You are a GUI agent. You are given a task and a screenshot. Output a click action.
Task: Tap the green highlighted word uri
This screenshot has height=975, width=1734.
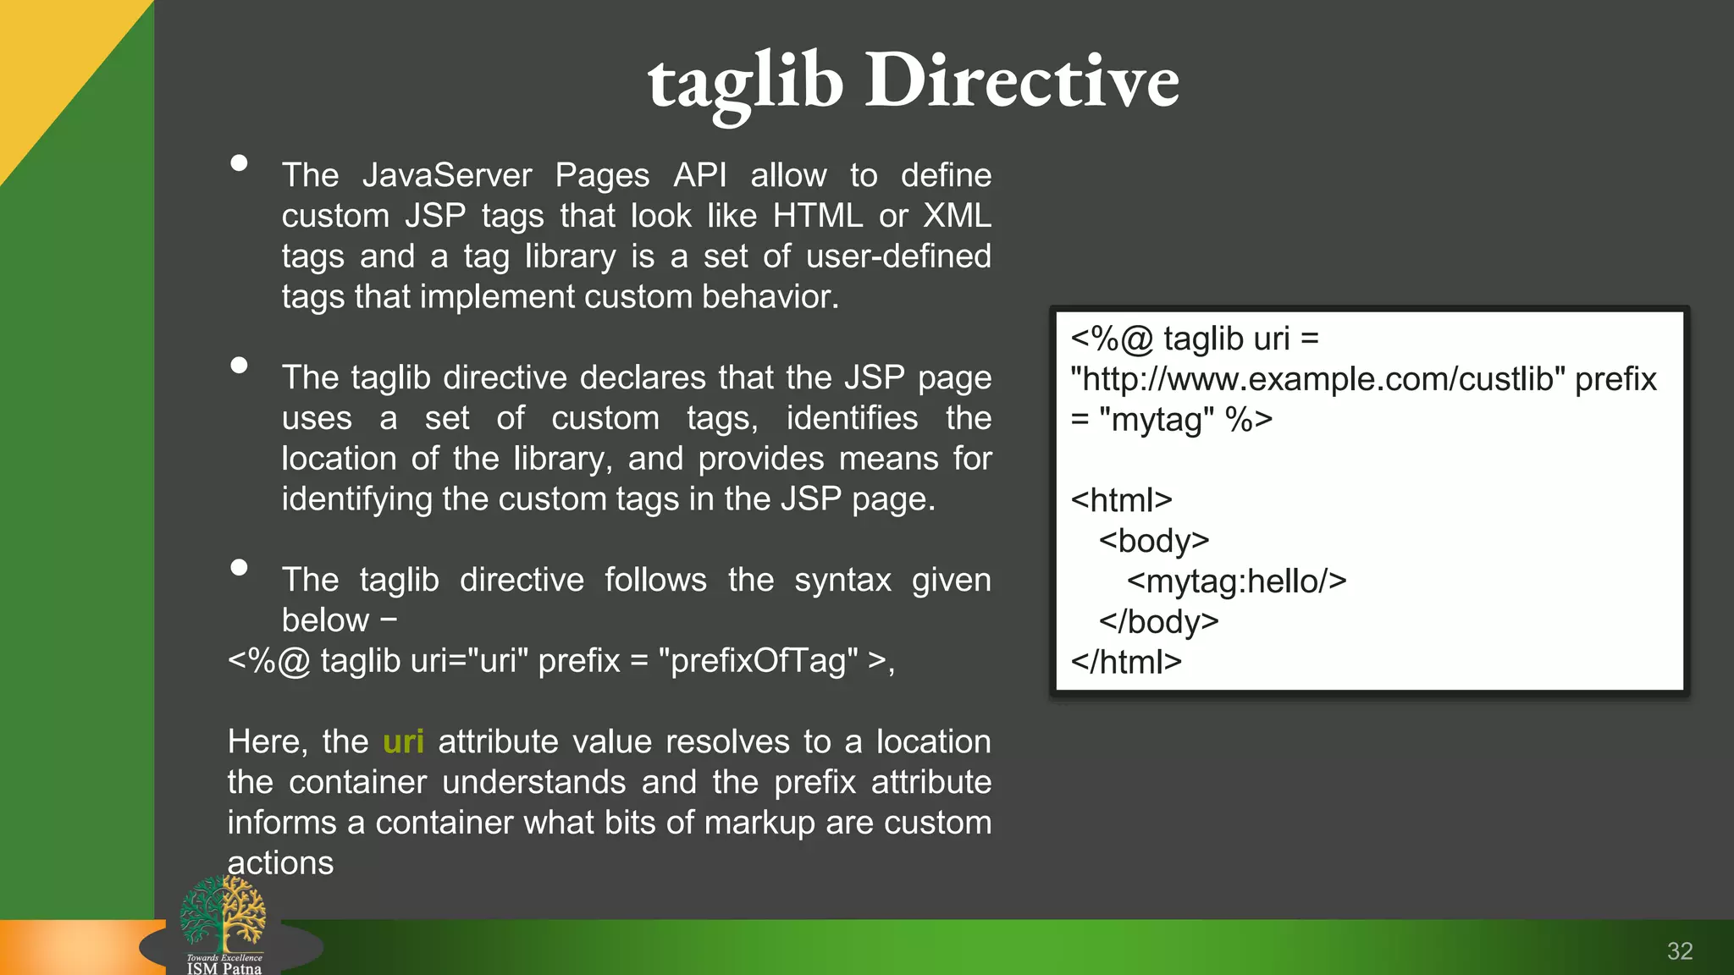pyautogui.click(x=403, y=742)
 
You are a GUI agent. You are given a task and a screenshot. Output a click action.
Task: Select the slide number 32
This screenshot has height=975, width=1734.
pyautogui.click(x=1680, y=951)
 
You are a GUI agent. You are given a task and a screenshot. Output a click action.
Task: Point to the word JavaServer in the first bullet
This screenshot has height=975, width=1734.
pyautogui.click(x=447, y=175)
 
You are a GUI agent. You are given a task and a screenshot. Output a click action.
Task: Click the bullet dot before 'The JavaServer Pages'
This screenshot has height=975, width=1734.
pyautogui.click(x=240, y=163)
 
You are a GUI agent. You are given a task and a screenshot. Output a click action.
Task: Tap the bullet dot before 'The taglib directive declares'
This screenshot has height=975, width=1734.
pyautogui.click(x=240, y=366)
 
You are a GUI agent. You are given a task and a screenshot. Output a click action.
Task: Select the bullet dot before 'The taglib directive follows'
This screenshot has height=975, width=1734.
pyautogui.click(x=240, y=568)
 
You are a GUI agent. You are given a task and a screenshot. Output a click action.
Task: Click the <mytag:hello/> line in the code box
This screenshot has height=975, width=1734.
pyautogui.click(x=1236, y=581)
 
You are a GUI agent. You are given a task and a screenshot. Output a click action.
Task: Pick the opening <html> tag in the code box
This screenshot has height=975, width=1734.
pyautogui.click(x=1121, y=500)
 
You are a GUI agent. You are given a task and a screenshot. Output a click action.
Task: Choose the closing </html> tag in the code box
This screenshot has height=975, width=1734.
pyautogui.click(x=1126, y=662)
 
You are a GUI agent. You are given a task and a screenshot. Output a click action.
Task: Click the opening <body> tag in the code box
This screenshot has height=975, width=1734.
pyautogui.click(x=1154, y=541)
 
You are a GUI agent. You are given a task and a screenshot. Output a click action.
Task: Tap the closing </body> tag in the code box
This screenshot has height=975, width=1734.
pyautogui.click(x=1158, y=622)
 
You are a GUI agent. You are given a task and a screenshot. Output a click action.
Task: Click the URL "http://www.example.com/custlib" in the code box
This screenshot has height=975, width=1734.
pyautogui.click(x=1317, y=379)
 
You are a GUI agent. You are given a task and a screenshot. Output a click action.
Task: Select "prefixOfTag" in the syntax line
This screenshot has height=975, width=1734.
pyautogui.click(x=759, y=661)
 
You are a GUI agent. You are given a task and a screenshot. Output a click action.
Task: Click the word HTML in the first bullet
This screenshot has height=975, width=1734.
pyautogui.click(x=817, y=216)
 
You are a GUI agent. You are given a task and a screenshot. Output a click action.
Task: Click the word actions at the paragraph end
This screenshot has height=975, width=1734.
pyautogui.click(x=280, y=863)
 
